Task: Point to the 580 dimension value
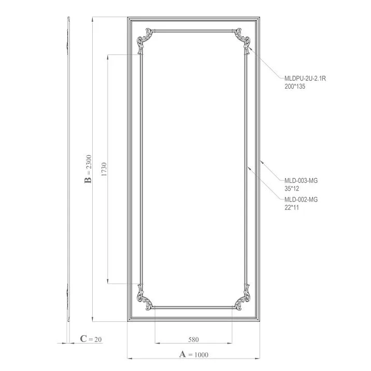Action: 193,340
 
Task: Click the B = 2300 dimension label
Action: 89,168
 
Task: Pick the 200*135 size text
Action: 295,87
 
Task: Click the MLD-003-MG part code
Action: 301,180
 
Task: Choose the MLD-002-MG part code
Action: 301,199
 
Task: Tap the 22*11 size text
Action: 291,207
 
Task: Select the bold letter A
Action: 182,354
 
